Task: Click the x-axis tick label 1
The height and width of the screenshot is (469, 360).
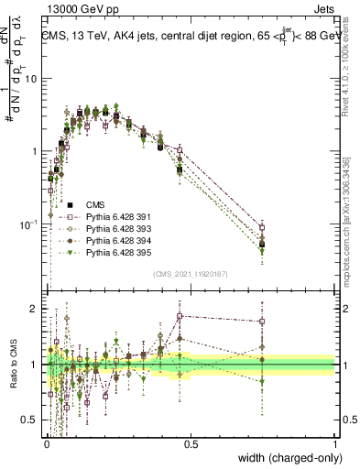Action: (334, 444)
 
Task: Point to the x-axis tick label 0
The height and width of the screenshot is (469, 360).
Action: (46, 444)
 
